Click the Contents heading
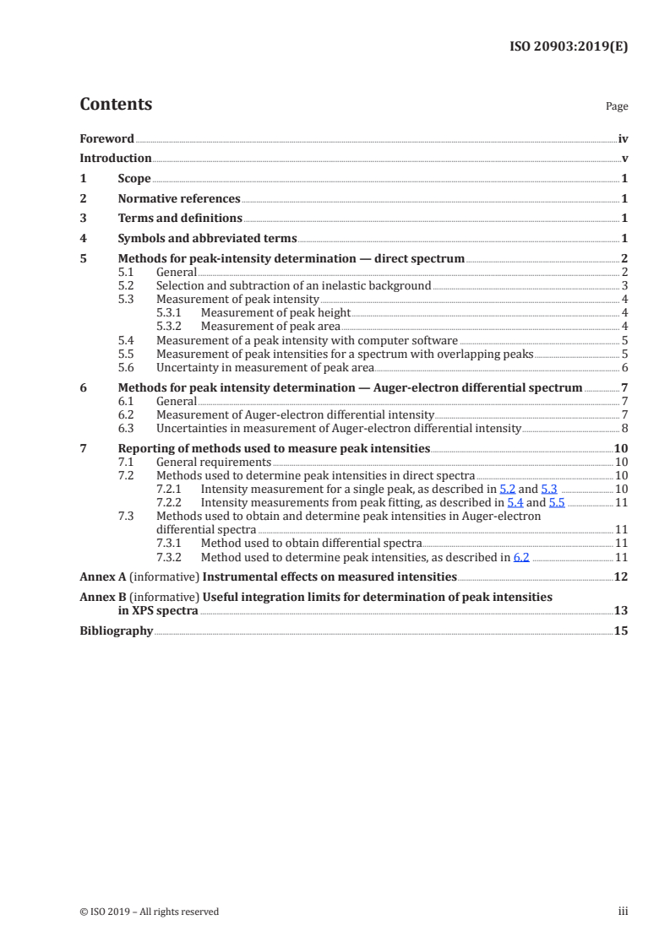coord(116,105)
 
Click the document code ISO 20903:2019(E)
coord(569,47)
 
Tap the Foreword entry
coord(106,138)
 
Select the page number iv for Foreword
coord(623,138)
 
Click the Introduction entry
coord(116,159)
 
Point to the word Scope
coord(134,179)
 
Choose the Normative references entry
coord(179,199)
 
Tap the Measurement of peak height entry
coord(264,313)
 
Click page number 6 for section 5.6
coord(624,368)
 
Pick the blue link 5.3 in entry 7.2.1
coord(548,490)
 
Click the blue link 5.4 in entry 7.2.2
coord(515,503)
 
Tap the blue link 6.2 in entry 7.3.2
coord(520,558)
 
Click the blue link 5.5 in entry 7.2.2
coord(556,503)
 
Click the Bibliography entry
coord(116,630)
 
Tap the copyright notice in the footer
coord(149,912)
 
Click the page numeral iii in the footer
coord(624,912)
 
